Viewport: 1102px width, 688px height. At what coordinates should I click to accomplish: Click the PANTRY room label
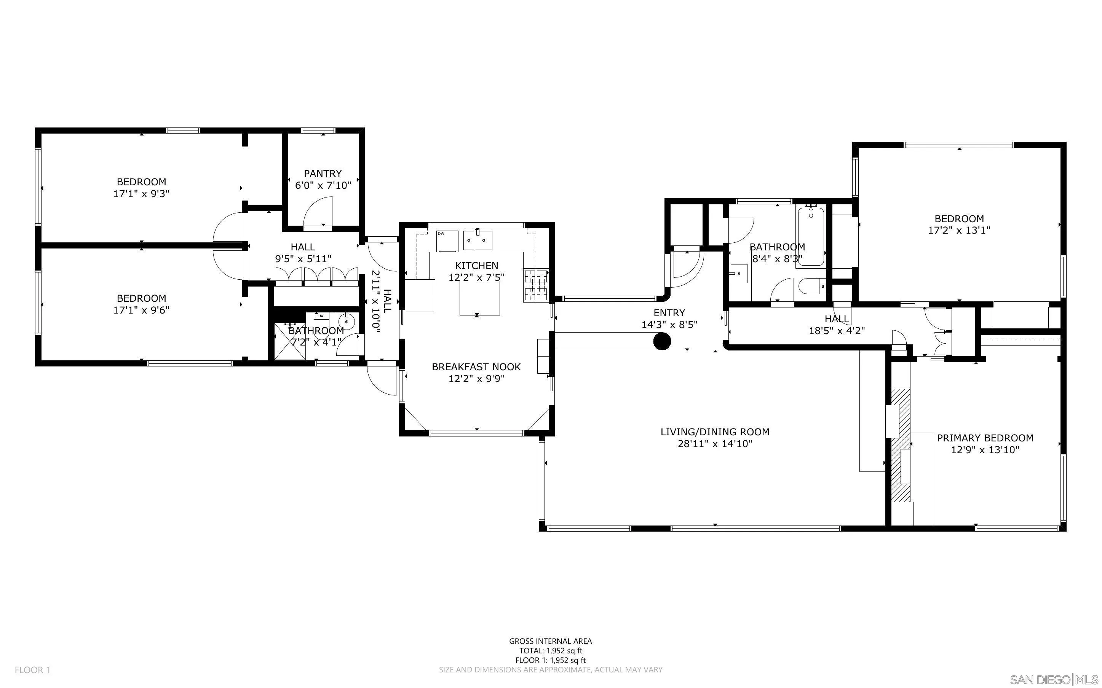323,174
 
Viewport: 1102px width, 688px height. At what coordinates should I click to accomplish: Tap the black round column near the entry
662,341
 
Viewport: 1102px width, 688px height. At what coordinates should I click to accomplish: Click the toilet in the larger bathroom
811,286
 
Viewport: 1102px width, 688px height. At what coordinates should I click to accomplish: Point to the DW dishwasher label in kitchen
441,233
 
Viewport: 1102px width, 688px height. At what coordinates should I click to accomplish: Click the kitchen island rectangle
479,298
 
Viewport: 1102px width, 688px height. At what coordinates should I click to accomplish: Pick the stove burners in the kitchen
536,285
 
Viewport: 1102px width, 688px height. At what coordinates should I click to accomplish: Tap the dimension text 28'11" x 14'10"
715,444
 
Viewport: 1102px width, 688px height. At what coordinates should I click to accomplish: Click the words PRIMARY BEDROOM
985,438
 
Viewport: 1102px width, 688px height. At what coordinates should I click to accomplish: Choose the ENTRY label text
669,312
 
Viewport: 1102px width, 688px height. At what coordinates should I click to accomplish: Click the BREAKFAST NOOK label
476,367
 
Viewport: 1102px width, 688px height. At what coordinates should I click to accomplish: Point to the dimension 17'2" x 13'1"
959,230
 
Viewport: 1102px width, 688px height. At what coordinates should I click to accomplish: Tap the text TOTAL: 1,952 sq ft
550,651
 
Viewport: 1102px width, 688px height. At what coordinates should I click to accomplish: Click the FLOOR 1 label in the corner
32,670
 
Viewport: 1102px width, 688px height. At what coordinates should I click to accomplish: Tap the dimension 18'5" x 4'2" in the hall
837,331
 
